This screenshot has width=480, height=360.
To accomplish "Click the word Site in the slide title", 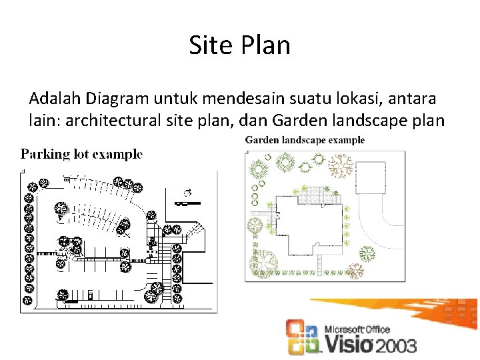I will point(207,45).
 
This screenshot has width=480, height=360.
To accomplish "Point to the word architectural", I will point(113,121).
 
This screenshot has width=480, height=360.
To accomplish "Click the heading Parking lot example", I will point(81,154).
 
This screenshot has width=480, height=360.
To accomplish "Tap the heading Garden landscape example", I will point(305,140).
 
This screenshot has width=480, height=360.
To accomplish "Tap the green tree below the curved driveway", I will point(366,252).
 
